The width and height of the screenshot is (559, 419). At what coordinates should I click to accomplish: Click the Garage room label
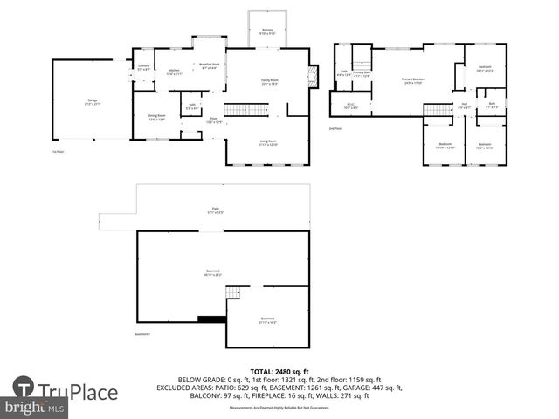(x=92, y=102)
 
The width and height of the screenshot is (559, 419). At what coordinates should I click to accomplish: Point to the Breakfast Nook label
(x=209, y=66)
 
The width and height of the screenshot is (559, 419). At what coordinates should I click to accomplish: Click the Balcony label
(x=268, y=31)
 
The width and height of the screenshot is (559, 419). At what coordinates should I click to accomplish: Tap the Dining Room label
(x=157, y=118)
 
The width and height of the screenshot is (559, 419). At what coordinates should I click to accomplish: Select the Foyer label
(x=213, y=121)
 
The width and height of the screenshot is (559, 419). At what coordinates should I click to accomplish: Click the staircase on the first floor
(x=239, y=109)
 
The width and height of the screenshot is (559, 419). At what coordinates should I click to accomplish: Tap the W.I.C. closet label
(x=350, y=107)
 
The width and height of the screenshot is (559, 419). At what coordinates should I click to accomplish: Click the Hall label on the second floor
(x=463, y=107)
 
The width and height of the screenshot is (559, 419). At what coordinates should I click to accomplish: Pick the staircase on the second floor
(x=436, y=108)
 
